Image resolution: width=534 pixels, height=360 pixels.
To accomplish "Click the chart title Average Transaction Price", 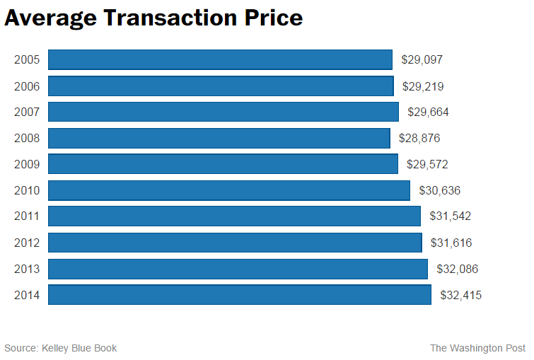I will point(153,18).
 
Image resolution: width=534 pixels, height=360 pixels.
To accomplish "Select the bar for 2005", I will point(220,60).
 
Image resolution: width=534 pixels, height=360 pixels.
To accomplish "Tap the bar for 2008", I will point(219,139).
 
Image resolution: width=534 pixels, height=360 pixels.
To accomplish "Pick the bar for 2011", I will point(234,216).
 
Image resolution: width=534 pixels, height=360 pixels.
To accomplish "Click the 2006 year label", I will point(27,86).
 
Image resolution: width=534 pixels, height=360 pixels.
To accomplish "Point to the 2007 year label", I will point(27,112).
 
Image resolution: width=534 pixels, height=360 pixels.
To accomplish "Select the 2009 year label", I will point(27,165).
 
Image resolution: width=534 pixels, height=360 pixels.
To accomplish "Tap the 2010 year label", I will point(27,191).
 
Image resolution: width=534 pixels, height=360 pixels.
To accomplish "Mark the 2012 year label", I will point(27,243).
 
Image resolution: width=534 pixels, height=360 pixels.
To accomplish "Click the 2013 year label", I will point(27,269).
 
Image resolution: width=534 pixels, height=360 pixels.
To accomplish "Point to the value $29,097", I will point(422,60).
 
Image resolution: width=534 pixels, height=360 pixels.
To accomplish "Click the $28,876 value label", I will point(419,139).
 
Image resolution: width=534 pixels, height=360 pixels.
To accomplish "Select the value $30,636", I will point(440,191).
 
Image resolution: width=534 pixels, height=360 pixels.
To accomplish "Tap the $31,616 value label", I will point(451,243).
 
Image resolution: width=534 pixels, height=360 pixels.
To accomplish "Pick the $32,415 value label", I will point(460,295).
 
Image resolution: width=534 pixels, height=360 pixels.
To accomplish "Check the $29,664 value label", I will point(428,112).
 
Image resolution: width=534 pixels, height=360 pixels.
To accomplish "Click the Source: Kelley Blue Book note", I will point(61,348).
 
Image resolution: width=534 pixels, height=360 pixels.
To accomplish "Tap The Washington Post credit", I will point(477,348).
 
